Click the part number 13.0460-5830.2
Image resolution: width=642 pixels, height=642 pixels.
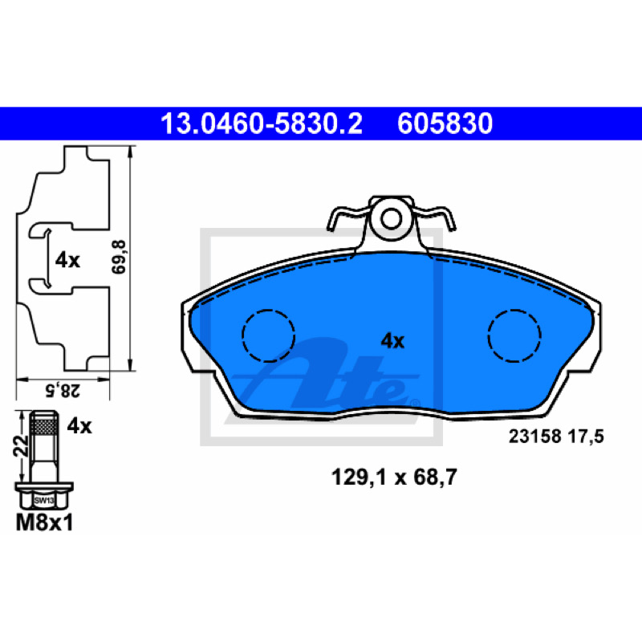[x=262, y=124]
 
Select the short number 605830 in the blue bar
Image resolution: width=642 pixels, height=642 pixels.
[x=445, y=124]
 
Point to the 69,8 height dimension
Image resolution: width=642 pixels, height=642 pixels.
[x=119, y=257]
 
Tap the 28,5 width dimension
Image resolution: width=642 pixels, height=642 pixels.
[x=63, y=391]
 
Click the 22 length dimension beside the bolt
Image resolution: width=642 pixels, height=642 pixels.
[x=21, y=446]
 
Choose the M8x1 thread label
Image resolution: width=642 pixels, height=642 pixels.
[x=44, y=523]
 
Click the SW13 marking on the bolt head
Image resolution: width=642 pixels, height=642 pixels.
[x=44, y=500]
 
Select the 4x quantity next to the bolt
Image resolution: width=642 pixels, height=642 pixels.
[x=79, y=426]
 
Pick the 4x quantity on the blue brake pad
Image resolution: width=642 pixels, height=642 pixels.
[x=392, y=340]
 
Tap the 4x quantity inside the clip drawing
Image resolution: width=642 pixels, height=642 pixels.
[x=67, y=260]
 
